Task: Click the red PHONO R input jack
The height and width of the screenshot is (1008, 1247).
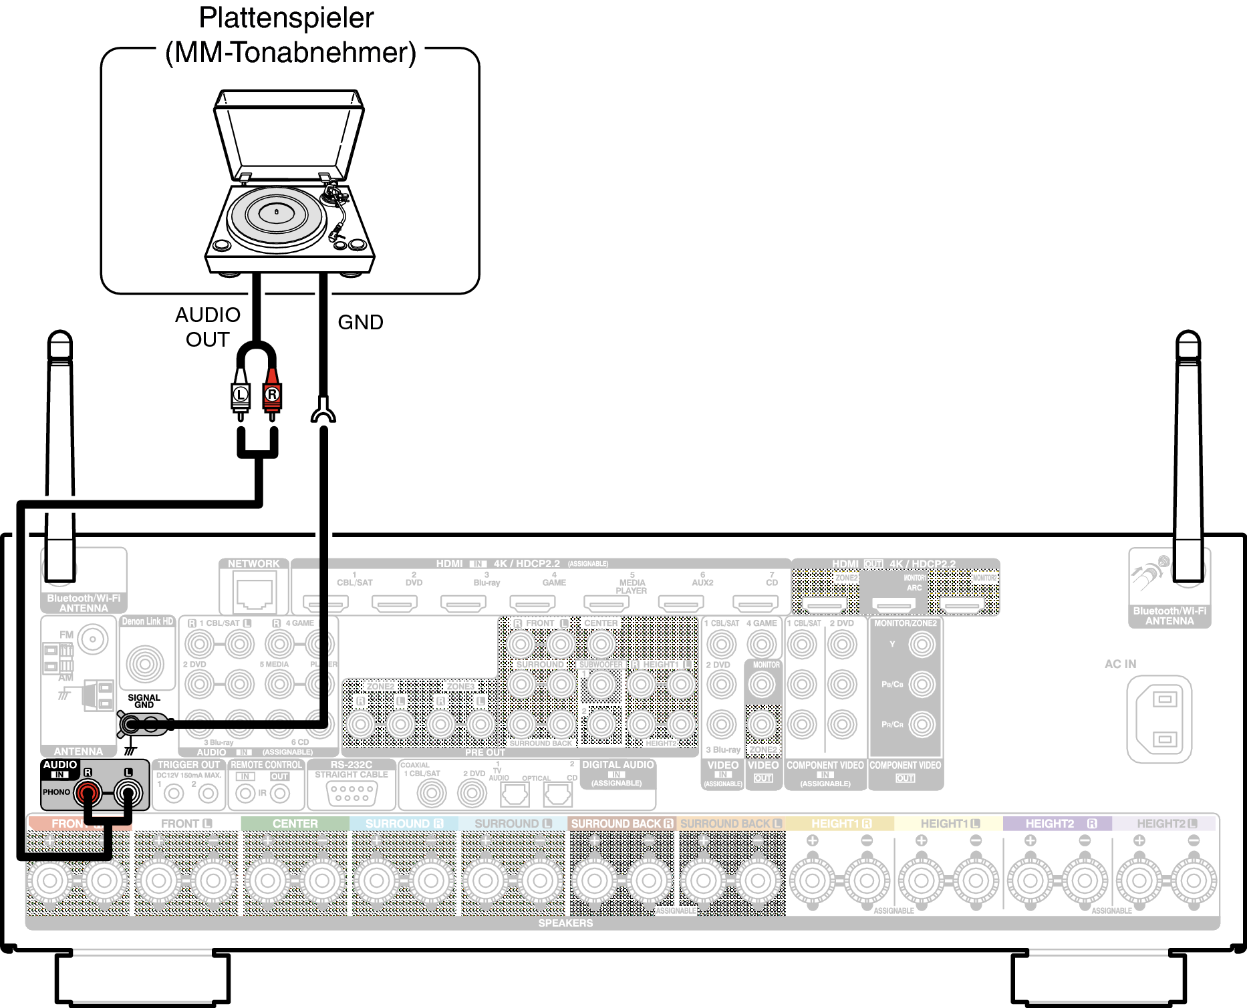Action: tap(88, 793)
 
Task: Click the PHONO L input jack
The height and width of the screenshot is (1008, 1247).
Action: tap(128, 793)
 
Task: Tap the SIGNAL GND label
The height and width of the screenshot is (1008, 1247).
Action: tap(144, 701)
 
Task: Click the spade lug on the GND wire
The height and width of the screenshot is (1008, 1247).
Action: tap(323, 411)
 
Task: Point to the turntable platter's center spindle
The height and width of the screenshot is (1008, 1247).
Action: tap(277, 212)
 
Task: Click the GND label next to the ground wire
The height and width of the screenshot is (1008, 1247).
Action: tap(360, 322)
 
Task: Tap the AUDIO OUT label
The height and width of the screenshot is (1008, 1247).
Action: tap(208, 327)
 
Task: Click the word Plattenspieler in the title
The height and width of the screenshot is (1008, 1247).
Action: tap(286, 18)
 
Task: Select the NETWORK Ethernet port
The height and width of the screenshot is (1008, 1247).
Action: tap(254, 594)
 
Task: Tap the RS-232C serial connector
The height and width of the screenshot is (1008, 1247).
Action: tap(352, 793)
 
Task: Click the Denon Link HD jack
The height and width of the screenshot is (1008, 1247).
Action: tap(145, 663)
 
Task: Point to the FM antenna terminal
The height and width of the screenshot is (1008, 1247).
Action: tap(93, 639)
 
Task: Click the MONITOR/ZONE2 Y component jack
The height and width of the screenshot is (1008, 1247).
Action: tap(922, 645)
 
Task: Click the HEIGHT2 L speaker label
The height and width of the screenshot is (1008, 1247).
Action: tap(1166, 824)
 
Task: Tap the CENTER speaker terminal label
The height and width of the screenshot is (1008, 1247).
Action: tap(295, 824)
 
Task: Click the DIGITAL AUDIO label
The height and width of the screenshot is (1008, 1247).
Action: tap(617, 765)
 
